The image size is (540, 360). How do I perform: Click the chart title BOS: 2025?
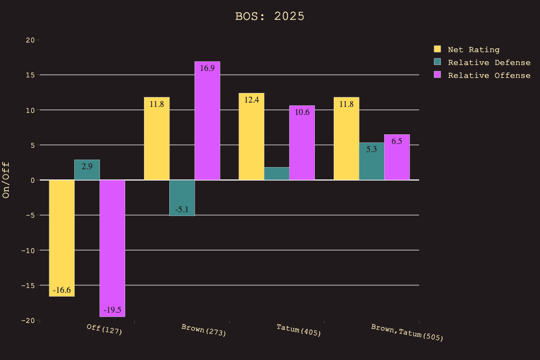270,16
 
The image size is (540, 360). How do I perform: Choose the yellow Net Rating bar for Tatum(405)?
251,137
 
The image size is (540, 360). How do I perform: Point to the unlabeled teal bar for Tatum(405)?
277,174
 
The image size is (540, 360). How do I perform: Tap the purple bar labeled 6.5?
397,159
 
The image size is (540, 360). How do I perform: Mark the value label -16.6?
62,290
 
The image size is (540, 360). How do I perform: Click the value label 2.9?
87,167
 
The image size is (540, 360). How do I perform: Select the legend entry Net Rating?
473,49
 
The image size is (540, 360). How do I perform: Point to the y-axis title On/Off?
6,180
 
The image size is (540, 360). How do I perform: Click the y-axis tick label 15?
30,75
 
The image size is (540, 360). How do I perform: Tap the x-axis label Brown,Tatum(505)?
407,332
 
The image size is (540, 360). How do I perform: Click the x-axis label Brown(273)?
204,329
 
